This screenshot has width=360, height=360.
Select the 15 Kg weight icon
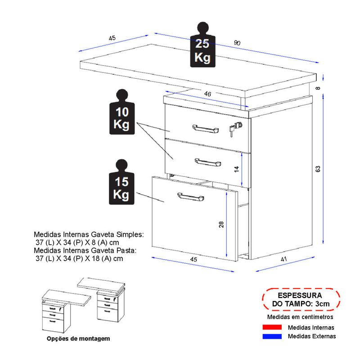click(119, 182)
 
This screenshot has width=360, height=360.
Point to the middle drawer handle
click(207, 161)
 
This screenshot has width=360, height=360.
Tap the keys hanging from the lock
click(232, 130)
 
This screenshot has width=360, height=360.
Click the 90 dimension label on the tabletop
click(238, 43)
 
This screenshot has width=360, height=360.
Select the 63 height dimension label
click(318, 169)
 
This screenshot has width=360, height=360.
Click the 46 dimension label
click(207, 94)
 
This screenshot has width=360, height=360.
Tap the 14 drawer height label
click(235, 169)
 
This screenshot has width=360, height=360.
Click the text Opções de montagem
click(78, 338)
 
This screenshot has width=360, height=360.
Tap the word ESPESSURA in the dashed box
click(300, 296)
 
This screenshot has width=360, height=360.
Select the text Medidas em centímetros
click(301, 317)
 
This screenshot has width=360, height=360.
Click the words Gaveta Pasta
click(114, 251)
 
